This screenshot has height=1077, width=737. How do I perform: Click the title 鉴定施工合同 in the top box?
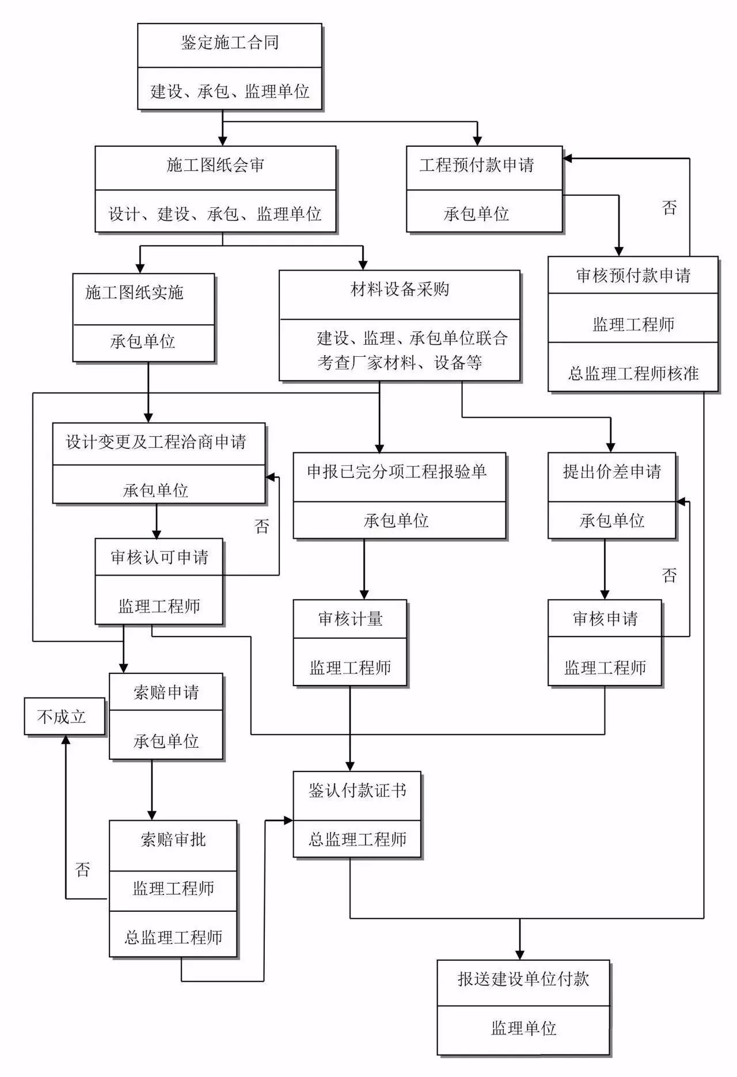[x=229, y=43]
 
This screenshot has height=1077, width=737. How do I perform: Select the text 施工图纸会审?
[x=215, y=166]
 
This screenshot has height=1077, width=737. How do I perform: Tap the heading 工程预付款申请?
[x=476, y=166]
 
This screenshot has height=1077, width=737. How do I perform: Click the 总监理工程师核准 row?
[x=633, y=374]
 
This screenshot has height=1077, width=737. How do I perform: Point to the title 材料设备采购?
[x=399, y=290]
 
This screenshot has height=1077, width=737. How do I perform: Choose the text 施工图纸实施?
[x=134, y=293]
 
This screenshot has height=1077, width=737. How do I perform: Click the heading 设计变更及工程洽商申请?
[x=156, y=442]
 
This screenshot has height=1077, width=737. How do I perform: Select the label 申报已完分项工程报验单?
[x=397, y=472]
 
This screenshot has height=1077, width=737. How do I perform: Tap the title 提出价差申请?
[x=611, y=472]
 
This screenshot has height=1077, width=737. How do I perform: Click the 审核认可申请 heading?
[x=159, y=557]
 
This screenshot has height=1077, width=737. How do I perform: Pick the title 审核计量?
[x=350, y=619]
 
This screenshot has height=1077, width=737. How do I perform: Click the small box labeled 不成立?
[x=62, y=717]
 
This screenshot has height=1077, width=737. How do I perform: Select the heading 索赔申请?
[x=166, y=692]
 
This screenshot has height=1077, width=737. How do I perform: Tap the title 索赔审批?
[x=173, y=840]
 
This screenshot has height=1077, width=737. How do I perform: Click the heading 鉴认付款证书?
[x=357, y=791]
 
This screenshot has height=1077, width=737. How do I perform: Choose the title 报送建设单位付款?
[x=523, y=979]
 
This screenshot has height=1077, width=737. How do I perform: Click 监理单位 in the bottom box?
[x=523, y=1028]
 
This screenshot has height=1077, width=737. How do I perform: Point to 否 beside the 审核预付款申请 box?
[x=669, y=208]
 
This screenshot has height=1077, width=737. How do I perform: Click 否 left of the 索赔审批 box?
[x=83, y=869]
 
